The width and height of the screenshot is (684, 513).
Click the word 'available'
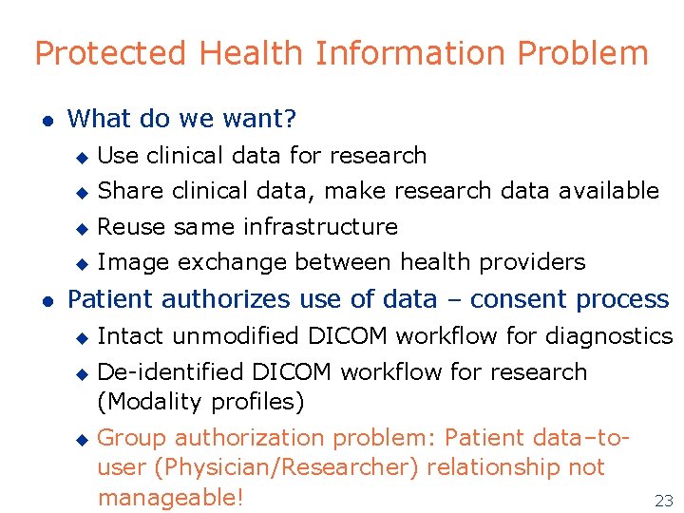609,191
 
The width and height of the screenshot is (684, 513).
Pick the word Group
131,438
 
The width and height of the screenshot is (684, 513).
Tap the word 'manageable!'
171,497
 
